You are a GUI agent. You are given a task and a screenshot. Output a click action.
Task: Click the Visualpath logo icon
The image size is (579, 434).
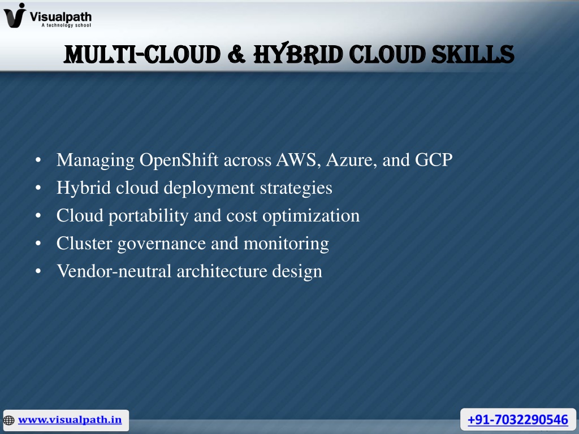(15, 15)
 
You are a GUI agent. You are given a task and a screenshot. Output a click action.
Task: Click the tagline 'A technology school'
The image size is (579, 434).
(66, 25)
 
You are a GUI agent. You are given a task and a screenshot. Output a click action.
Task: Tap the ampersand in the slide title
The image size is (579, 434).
(236, 54)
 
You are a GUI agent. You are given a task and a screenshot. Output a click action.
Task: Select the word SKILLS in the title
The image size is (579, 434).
(473, 54)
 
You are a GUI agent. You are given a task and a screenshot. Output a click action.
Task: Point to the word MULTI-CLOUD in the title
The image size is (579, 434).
(142, 54)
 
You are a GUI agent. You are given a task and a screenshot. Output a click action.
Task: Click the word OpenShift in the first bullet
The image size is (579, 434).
(179, 160)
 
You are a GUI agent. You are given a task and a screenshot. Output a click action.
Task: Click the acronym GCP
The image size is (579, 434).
(434, 160)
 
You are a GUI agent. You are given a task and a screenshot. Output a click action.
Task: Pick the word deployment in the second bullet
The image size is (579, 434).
(209, 188)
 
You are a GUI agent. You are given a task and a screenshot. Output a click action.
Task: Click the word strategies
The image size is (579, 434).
(296, 188)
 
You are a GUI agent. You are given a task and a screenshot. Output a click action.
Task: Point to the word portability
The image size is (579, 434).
(149, 216)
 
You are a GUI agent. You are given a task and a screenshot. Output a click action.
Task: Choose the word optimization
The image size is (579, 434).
(311, 216)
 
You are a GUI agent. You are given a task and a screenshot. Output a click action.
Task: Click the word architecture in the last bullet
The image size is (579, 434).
(222, 271)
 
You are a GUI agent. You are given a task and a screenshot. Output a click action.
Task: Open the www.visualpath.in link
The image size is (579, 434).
(70, 420)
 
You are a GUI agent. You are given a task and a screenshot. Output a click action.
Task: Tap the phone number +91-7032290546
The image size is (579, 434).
(518, 420)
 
